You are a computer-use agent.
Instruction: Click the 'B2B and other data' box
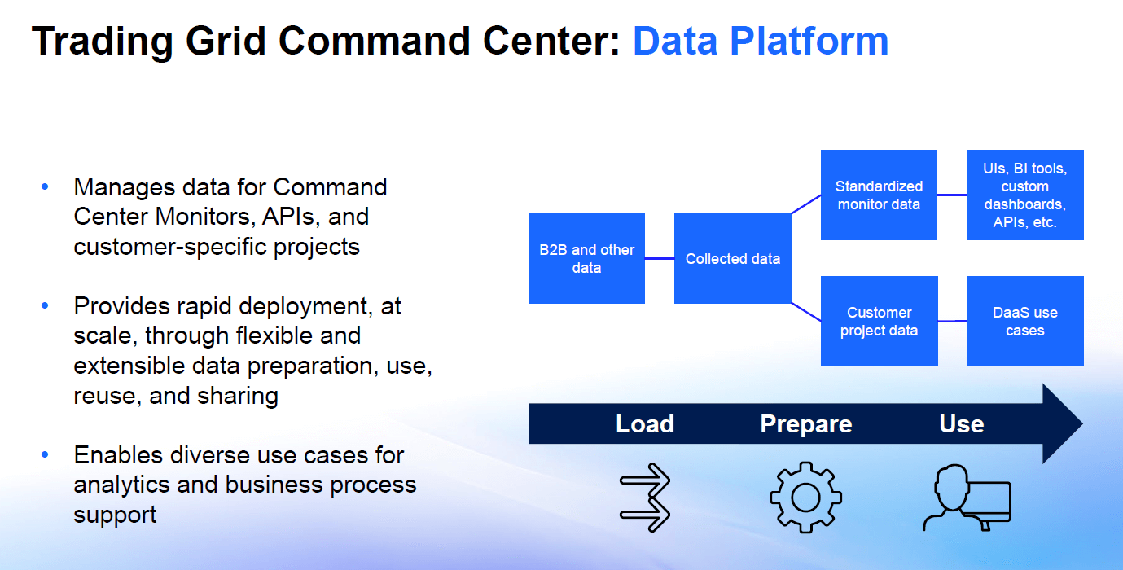pyautogui.click(x=586, y=258)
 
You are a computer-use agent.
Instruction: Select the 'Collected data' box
pyautogui.click(x=732, y=258)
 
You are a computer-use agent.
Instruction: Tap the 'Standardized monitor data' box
pyautogui.click(x=879, y=195)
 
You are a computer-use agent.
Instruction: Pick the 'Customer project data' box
pyautogui.click(x=879, y=322)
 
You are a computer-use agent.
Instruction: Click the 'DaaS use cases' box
pyautogui.click(x=1024, y=322)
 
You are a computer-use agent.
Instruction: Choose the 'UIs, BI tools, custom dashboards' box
pyautogui.click(x=1024, y=195)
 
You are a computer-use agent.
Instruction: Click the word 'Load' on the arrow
pyautogui.click(x=644, y=424)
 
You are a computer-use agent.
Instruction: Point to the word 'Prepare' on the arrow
pyautogui.click(x=805, y=424)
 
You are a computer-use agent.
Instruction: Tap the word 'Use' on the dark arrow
pyautogui.click(x=961, y=424)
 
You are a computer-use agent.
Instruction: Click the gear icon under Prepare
pyautogui.click(x=805, y=497)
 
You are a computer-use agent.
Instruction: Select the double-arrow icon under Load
pyautogui.click(x=644, y=497)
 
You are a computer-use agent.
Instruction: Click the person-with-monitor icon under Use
pyautogui.click(x=966, y=497)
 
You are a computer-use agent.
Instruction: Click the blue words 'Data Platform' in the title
pyautogui.click(x=760, y=41)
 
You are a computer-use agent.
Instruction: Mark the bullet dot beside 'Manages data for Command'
pyautogui.click(x=45, y=187)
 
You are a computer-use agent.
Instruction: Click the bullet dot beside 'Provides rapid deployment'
pyautogui.click(x=45, y=306)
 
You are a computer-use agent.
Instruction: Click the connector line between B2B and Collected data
pyautogui.click(x=660, y=259)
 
